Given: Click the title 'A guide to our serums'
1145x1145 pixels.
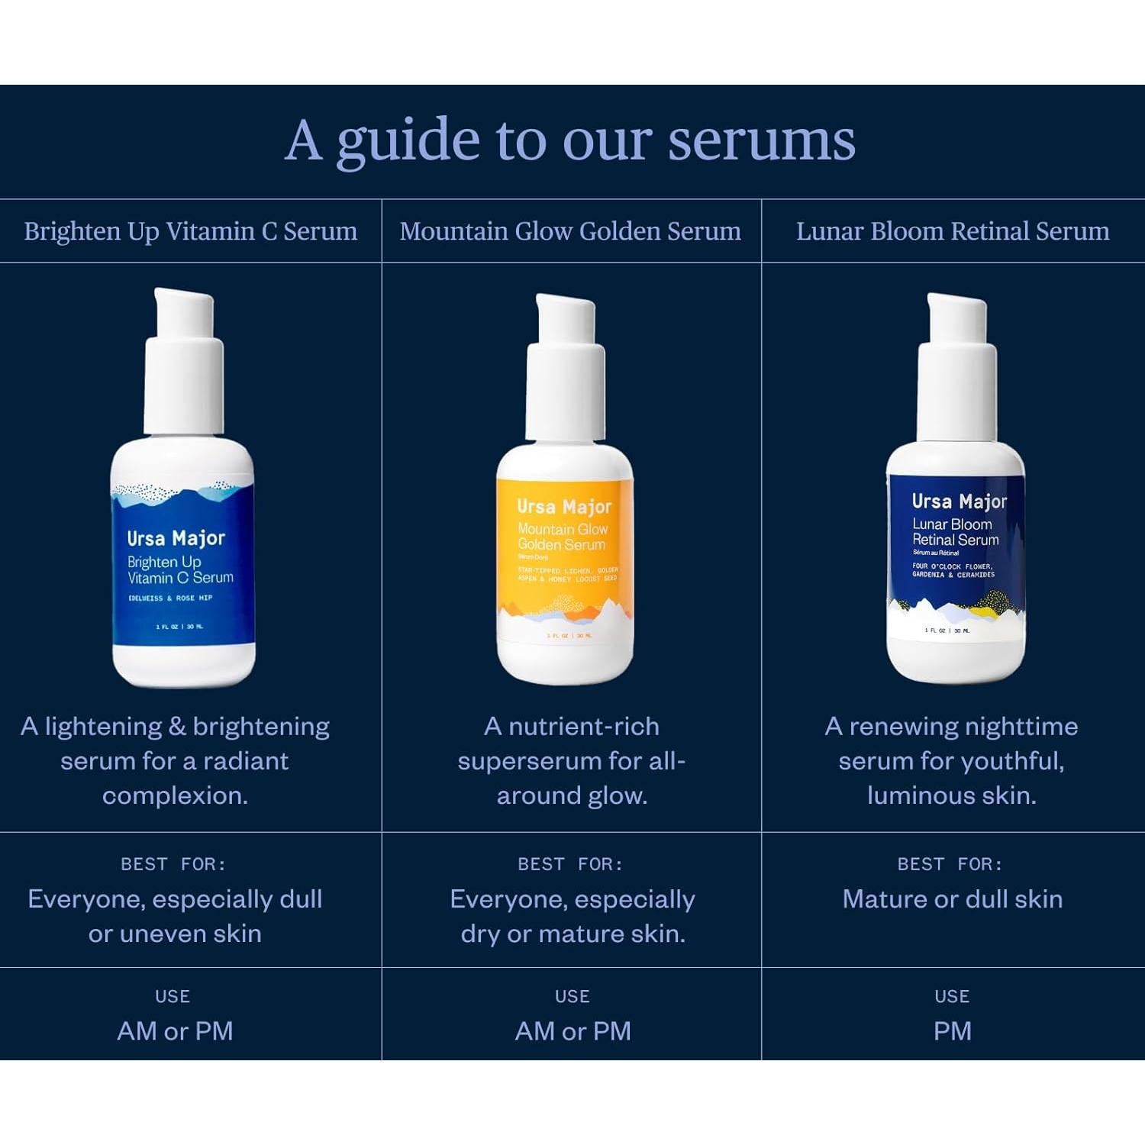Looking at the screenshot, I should [x=570, y=141].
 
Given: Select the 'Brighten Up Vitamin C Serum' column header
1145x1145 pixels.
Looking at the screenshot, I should [x=190, y=231].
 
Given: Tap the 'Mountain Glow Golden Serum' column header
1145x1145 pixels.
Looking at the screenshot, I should [x=570, y=231].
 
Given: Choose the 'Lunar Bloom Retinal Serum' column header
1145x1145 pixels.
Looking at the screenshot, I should [x=953, y=231].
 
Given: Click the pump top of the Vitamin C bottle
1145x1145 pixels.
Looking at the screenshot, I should [x=184, y=359].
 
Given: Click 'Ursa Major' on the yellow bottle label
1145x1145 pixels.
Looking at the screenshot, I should [x=564, y=506].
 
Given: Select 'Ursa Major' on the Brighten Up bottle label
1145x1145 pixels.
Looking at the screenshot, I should [x=176, y=538].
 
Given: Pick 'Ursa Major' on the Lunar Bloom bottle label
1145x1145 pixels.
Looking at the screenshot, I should [x=959, y=502].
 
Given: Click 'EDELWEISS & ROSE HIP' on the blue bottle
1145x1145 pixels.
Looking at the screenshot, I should [x=170, y=598].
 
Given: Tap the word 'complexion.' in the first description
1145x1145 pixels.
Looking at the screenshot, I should [x=175, y=795].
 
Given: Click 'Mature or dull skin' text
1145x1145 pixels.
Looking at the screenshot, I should [x=952, y=899].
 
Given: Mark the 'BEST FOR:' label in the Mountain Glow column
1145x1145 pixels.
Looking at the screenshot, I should [x=570, y=864].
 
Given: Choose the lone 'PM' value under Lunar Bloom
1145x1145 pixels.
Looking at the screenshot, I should [x=952, y=1031].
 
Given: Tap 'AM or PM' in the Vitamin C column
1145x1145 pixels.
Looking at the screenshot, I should [x=175, y=1031].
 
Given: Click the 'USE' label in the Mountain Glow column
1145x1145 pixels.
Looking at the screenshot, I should [x=572, y=996].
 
